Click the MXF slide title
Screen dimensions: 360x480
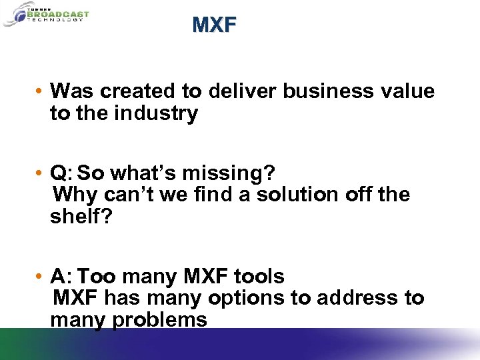pos(214,25)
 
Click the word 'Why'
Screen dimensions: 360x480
pos(73,195)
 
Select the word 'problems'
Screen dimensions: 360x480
pos(159,320)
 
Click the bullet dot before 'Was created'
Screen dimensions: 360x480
pos(41,91)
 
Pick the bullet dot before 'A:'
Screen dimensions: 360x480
pos(41,277)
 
